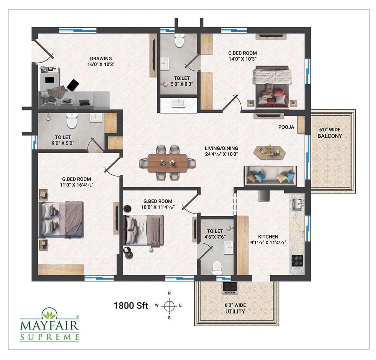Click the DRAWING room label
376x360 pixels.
click(x=101, y=59)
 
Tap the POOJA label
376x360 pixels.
click(x=286, y=127)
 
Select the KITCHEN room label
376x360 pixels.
click(x=268, y=237)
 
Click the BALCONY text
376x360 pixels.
click(x=330, y=136)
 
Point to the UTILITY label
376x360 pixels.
click(x=235, y=311)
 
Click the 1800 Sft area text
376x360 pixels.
click(x=131, y=305)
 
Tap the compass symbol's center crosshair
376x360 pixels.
click(x=169, y=305)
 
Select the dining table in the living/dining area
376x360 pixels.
click(x=167, y=163)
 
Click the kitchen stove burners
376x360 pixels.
click(x=297, y=260)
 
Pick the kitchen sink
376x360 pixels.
click(x=297, y=204)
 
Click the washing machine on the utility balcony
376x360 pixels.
click(x=230, y=287)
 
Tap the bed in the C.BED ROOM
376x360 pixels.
click(x=272, y=87)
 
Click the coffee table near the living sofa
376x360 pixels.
click(x=270, y=151)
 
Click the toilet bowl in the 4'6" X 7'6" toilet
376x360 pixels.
click(x=217, y=268)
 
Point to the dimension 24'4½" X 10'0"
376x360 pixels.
click(x=221, y=154)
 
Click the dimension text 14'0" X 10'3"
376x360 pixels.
click(x=243, y=59)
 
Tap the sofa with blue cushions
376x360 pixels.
click(x=270, y=175)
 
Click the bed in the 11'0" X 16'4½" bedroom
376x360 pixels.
click(x=61, y=219)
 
